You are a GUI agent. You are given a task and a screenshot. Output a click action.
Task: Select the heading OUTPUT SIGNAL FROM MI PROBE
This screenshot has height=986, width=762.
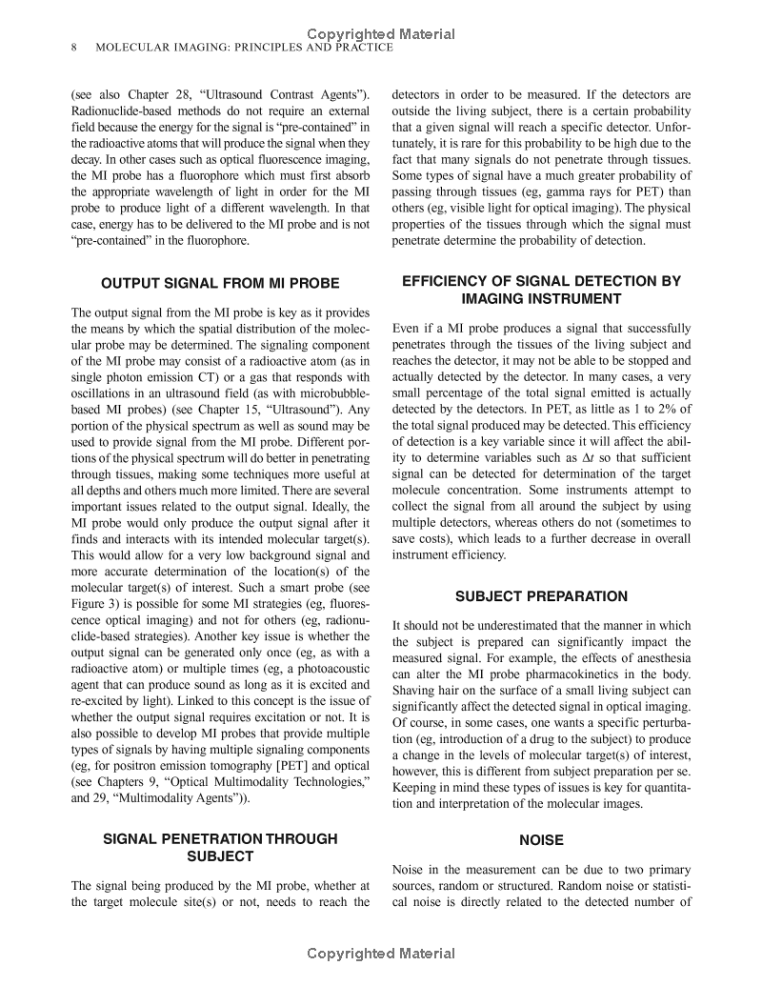click(220, 283)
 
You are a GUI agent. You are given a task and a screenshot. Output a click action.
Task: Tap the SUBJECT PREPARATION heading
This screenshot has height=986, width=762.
click(541, 596)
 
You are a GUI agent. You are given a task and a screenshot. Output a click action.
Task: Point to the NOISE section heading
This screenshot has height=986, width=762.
click(541, 840)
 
